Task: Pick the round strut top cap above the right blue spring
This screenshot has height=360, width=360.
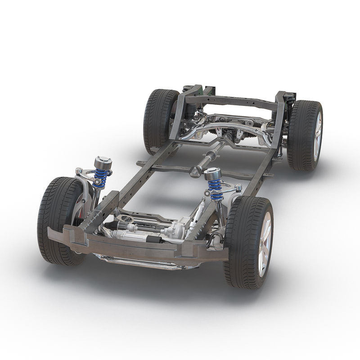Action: tap(212, 173)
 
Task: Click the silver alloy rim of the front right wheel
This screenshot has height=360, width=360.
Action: tap(264, 243)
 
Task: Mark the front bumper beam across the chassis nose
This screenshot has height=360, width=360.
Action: tap(135, 245)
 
